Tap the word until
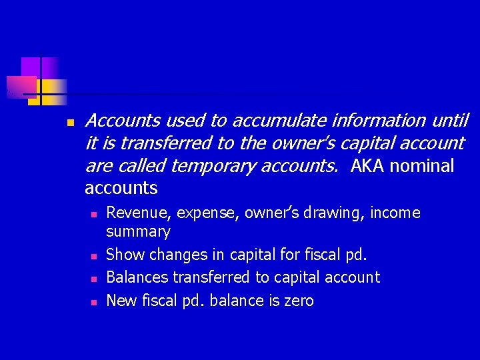click(x=450, y=121)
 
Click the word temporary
click(x=211, y=166)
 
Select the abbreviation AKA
click(x=367, y=166)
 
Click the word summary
click(x=138, y=232)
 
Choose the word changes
click(x=177, y=255)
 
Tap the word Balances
click(x=136, y=277)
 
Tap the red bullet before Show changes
click(x=94, y=256)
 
